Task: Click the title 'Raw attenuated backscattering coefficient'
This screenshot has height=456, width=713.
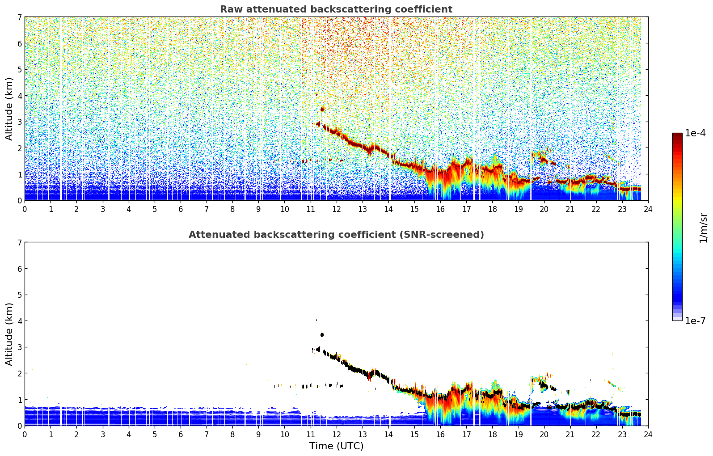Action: pyautogui.click(x=336, y=9)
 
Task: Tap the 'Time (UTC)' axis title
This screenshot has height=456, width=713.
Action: pyautogui.click(x=336, y=446)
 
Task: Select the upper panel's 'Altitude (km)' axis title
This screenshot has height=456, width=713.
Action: pyautogui.click(x=9, y=109)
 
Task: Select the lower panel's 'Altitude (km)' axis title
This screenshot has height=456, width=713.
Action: pyautogui.click(x=9, y=334)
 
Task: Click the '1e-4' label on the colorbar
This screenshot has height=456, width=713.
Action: pyautogui.click(x=695, y=133)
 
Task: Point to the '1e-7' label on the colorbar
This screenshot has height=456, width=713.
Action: pyautogui.click(x=695, y=321)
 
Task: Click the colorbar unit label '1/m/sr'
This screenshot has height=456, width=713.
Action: pyautogui.click(x=703, y=228)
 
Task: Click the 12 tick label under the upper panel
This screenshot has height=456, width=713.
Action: pyautogui.click(x=337, y=209)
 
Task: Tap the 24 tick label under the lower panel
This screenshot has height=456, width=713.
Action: pyautogui.click(x=648, y=435)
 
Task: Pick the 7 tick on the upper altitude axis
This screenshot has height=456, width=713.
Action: pyautogui.click(x=19, y=17)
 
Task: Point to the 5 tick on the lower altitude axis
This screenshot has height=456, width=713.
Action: pyautogui.click(x=19, y=295)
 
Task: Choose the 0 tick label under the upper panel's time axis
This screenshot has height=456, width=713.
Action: pyautogui.click(x=25, y=209)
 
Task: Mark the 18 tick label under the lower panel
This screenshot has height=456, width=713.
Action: pyautogui.click(x=493, y=435)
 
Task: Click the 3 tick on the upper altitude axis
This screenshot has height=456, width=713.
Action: pyautogui.click(x=19, y=122)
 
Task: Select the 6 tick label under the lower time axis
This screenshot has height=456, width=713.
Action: pyautogui.click(x=181, y=435)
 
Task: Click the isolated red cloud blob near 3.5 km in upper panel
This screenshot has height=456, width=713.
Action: pyautogui.click(x=322, y=109)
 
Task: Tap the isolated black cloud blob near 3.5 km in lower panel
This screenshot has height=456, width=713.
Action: pyautogui.click(x=322, y=335)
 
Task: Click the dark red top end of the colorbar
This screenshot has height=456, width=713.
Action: pyautogui.click(x=677, y=135)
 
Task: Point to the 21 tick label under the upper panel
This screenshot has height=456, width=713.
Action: pyautogui.click(x=570, y=209)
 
